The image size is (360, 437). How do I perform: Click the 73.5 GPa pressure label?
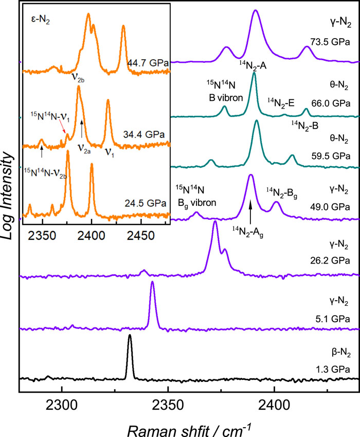[x=330, y=42]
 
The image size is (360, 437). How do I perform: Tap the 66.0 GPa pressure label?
[x=331, y=103]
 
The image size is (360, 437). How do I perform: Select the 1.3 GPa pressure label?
[x=333, y=369]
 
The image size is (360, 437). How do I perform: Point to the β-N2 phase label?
[x=341, y=353]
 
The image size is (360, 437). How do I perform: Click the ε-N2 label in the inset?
[x=40, y=20]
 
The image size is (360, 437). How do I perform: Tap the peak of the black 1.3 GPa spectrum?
[x=130, y=335]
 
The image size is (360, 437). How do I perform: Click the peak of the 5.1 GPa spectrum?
[x=152, y=282]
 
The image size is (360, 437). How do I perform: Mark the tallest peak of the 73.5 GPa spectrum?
[x=256, y=11]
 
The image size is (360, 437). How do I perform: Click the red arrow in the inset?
[x=63, y=128]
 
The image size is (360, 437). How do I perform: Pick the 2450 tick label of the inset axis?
[x=141, y=236]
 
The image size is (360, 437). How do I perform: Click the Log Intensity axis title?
[x=7, y=196]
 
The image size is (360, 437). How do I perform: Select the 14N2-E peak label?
[x=281, y=103]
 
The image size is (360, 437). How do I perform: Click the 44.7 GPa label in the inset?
[x=148, y=63]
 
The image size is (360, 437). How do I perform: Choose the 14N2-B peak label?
[x=305, y=126]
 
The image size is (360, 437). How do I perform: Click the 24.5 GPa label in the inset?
[x=146, y=203]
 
